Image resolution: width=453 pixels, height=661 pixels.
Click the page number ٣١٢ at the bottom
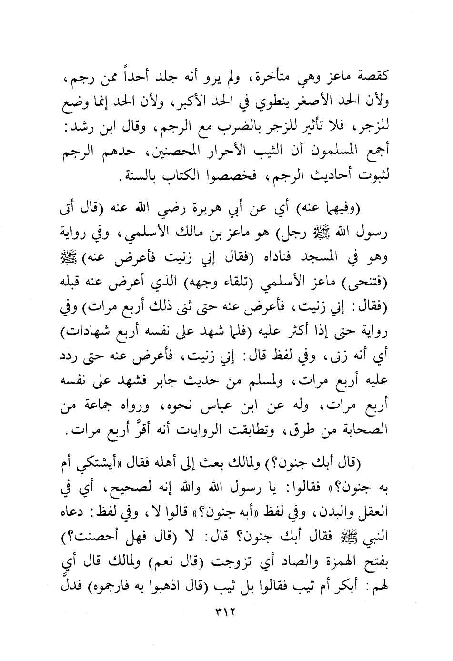tap(226, 620)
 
